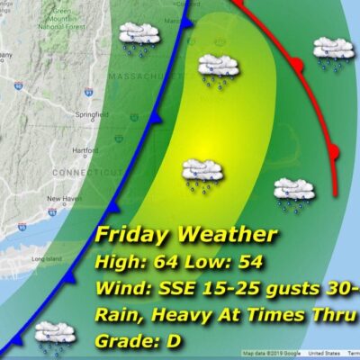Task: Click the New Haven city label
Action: (x=64, y=198)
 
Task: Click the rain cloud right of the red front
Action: (x=331, y=50)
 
